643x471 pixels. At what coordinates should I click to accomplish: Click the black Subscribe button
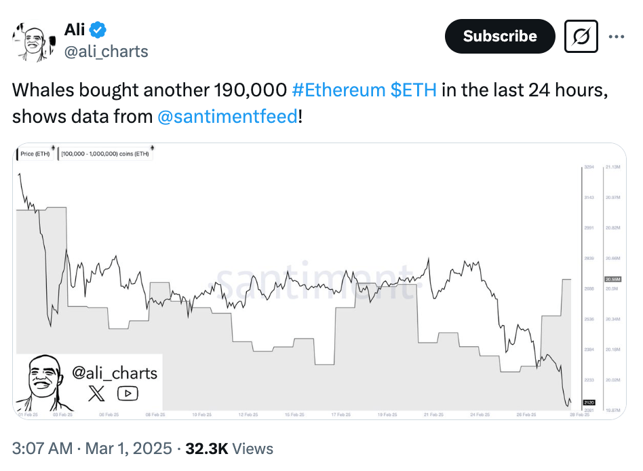tap(499, 37)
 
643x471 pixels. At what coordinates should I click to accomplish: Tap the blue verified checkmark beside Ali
tap(99, 30)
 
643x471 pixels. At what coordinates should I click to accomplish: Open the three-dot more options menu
tap(616, 37)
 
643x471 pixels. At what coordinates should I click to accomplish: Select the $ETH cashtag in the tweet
tap(414, 90)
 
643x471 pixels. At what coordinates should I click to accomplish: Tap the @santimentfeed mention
tap(227, 116)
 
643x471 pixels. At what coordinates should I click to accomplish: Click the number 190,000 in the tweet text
tap(250, 90)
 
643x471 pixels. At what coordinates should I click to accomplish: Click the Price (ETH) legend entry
tap(36, 153)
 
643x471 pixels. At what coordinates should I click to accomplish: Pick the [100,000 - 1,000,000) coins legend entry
tap(105, 153)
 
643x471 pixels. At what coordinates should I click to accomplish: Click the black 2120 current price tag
tap(588, 402)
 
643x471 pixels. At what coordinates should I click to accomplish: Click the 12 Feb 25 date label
tap(248, 414)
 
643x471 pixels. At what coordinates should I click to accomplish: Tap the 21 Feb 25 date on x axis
tap(433, 414)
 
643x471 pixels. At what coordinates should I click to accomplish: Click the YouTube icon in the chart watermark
tap(128, 393)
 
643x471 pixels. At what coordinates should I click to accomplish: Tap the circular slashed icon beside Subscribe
tap(581, 37)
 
